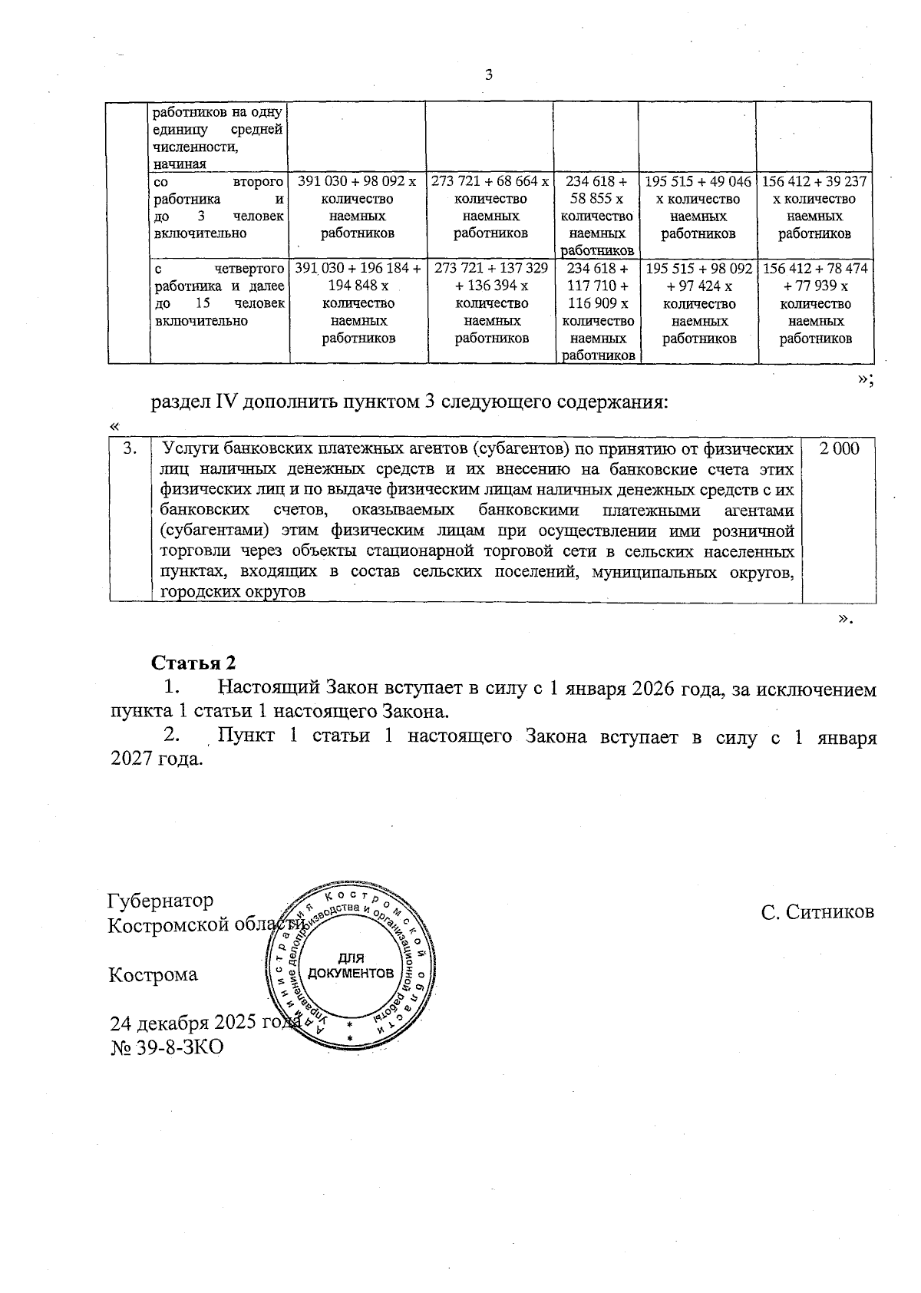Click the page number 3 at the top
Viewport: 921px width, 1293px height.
[x=489, y=74]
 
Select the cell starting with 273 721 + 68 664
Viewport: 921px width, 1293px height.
[x=490, y=207]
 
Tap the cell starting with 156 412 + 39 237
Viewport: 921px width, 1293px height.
[x=815, y=207]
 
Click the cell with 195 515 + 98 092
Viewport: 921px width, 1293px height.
[x=698, y=303]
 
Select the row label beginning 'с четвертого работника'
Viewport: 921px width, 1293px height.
[x=220, y=294]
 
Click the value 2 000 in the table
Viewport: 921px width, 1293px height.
[x=839, y=449]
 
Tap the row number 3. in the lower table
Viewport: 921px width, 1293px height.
[x=131, y=448]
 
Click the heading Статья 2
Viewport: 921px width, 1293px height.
[x=193, y=663]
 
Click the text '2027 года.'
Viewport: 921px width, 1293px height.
[x=157, y=759]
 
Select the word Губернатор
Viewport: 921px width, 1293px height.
[x=161, y=900]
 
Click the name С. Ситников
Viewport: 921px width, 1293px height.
[x=817, y=911]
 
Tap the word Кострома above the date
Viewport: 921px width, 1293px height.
[x=153, y=975]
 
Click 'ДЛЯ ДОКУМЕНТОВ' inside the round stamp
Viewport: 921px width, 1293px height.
[x=351, y=966]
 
